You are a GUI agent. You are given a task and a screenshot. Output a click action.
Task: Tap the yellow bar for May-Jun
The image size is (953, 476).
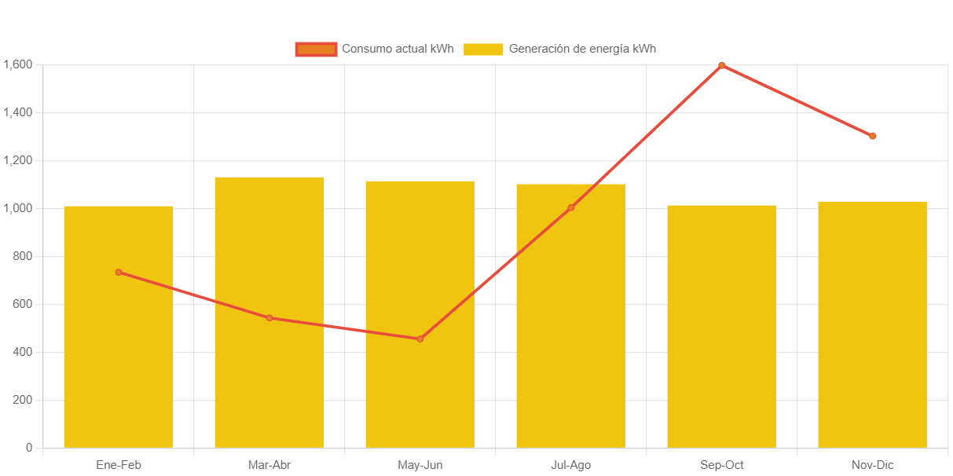(420, 393)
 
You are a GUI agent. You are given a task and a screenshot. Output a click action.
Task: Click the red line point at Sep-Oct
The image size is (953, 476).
(721, 65)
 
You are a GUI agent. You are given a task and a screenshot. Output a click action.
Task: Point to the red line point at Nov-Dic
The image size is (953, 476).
(872, 136)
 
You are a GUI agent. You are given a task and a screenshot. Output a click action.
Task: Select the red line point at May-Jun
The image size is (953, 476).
(420, 339)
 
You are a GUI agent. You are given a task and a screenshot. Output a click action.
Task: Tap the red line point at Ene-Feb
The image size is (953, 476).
(119, 272)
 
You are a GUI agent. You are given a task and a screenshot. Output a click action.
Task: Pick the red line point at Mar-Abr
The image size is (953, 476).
(269, 317)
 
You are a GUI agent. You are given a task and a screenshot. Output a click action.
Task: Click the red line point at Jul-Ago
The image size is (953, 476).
(570, 207)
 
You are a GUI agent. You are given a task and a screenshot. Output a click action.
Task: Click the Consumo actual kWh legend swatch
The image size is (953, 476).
(316, 49)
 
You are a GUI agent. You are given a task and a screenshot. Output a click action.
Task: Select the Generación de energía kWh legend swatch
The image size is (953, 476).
(483, 49)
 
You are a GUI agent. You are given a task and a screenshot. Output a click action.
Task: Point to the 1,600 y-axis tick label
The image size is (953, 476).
(18, 64)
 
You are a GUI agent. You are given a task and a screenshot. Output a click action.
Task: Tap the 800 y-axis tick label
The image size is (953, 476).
(23, 256)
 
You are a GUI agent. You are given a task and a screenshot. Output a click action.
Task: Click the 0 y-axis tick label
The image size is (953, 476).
(29, 448)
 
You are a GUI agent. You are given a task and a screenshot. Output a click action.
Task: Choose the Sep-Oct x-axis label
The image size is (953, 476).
(721, 465)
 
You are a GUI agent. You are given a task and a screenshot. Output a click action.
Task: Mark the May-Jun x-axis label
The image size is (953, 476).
(420, 465)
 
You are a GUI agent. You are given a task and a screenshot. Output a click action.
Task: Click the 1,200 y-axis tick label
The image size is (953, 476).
(18, 160)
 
